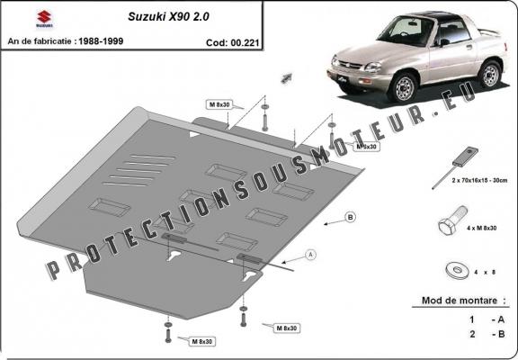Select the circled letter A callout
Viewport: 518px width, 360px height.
310,256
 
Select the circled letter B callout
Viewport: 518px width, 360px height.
350,218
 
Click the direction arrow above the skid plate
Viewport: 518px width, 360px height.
289,77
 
